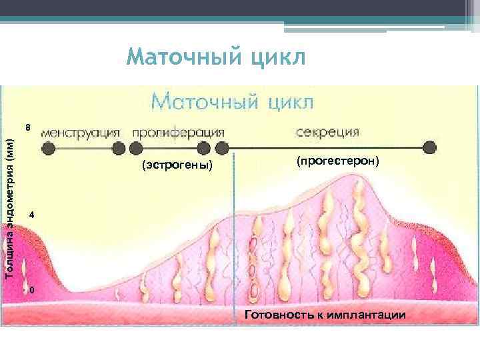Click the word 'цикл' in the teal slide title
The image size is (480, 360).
tap(276, 58)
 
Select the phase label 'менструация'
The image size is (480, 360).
tap(81, 131)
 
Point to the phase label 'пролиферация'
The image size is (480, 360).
tap(178, 131)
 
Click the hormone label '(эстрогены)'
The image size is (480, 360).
tap(177, 165)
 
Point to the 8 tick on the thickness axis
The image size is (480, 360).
tap(27, 127)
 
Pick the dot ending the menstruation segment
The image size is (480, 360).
tap(118, 148)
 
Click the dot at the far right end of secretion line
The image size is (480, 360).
tap(431, 147)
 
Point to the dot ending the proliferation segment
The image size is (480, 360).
tap(204, 148)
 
